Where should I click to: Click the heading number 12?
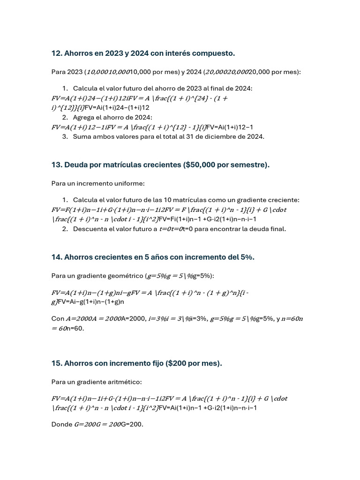point(56,53)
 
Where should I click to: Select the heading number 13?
point(56,165)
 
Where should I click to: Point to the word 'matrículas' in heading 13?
point(120,165)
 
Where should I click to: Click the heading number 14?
point(56,257)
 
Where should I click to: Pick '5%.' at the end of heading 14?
point(247,257)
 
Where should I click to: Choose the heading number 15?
point(56,363)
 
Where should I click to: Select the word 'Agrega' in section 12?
point(84,117)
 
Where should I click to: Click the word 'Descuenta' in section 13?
point(90,229)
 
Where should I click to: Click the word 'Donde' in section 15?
point(61,424)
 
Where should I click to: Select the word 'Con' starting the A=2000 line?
point(58,319)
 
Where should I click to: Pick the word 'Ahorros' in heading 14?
point(79,257)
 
